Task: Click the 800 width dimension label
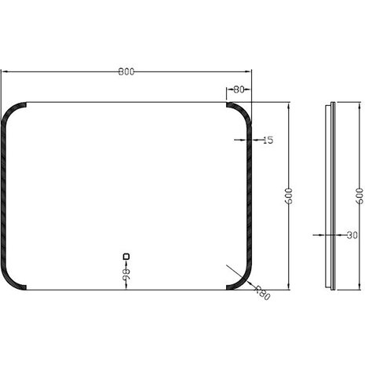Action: pos(126,71)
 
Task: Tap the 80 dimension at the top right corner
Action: pos(239,89)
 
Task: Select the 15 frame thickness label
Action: pos(267,141)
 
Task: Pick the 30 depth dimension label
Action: pos(351,234)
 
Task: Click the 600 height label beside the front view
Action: pos(289,196)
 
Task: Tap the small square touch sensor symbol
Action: pos(126,255)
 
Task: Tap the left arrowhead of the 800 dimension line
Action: pos(4,71)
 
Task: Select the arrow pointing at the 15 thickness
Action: pos(244,141)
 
